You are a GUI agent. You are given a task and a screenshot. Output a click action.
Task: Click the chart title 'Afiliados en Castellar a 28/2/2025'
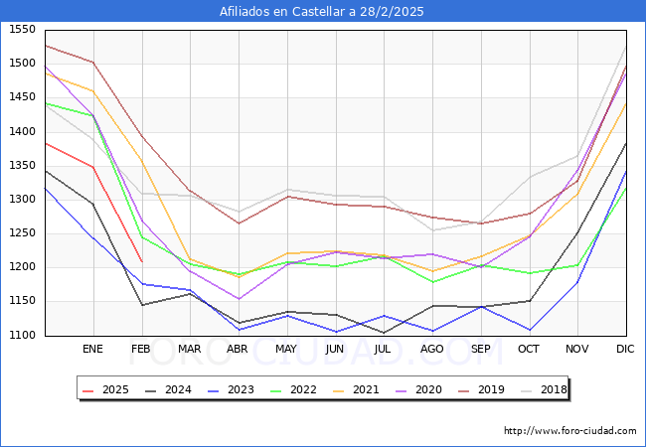click(x=323, y=12)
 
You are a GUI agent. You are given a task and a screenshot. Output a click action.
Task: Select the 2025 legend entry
click(x=105, y=389)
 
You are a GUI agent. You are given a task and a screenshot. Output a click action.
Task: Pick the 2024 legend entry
click(x=168, y=389)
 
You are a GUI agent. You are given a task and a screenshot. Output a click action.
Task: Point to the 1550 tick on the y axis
click(x=22, y=30)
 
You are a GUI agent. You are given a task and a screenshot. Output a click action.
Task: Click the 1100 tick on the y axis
click(x=22, y=335)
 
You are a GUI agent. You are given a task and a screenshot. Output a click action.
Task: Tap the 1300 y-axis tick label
click(x=22, y=200)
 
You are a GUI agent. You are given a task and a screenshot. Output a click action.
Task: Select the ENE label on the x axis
click(x=92, y=349)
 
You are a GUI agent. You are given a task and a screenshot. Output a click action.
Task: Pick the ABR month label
click(x=238, y=349)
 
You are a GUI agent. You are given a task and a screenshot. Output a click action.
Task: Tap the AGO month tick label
click(x=432, y=349)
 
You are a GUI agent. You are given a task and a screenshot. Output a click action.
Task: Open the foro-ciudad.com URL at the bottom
click(x=569, y=431)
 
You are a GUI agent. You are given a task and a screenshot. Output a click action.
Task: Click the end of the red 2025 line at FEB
click(x=141, y=261)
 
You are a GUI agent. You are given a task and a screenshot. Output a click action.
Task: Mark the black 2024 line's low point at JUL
click(x=384, y=333)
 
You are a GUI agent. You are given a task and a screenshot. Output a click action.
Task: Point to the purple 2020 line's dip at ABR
click(x=238, y=299)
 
